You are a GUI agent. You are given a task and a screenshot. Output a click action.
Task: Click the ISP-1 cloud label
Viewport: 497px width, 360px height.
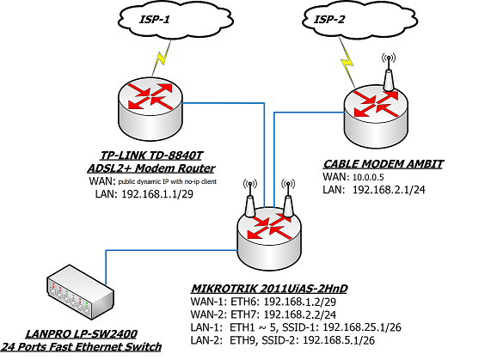[155, 19]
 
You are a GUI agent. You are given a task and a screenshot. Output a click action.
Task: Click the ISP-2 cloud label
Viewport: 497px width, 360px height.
[328, 19]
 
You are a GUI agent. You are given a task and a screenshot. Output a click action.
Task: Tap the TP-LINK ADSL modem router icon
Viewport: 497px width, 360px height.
[150, 110]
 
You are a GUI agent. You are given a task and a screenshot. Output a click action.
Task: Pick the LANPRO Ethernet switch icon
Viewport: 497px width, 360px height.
[80, 292]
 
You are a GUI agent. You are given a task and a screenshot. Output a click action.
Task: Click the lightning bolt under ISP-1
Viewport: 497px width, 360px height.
[162, 58]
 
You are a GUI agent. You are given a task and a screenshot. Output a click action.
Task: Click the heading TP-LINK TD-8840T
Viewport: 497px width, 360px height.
[151, 156]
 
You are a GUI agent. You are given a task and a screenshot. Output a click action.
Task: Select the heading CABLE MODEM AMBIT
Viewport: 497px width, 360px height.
[383, 164]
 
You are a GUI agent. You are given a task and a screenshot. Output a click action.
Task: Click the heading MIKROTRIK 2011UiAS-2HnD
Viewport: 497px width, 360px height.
[269, 289]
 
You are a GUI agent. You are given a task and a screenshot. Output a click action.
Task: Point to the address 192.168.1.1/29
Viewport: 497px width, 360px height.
[157, 194]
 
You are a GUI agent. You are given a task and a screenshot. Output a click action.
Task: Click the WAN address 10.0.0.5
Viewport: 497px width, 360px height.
[368, 177]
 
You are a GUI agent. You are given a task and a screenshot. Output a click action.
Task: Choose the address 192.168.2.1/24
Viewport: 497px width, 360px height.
[389, 190]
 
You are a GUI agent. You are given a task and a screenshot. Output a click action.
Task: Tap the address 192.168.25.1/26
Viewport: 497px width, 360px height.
[362, 327]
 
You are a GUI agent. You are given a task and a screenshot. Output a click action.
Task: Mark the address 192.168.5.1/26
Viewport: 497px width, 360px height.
[339, 340]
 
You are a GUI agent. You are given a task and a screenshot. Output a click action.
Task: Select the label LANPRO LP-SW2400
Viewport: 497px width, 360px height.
[81, 334]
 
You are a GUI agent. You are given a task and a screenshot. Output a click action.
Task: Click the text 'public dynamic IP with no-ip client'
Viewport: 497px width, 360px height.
[168, 182]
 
